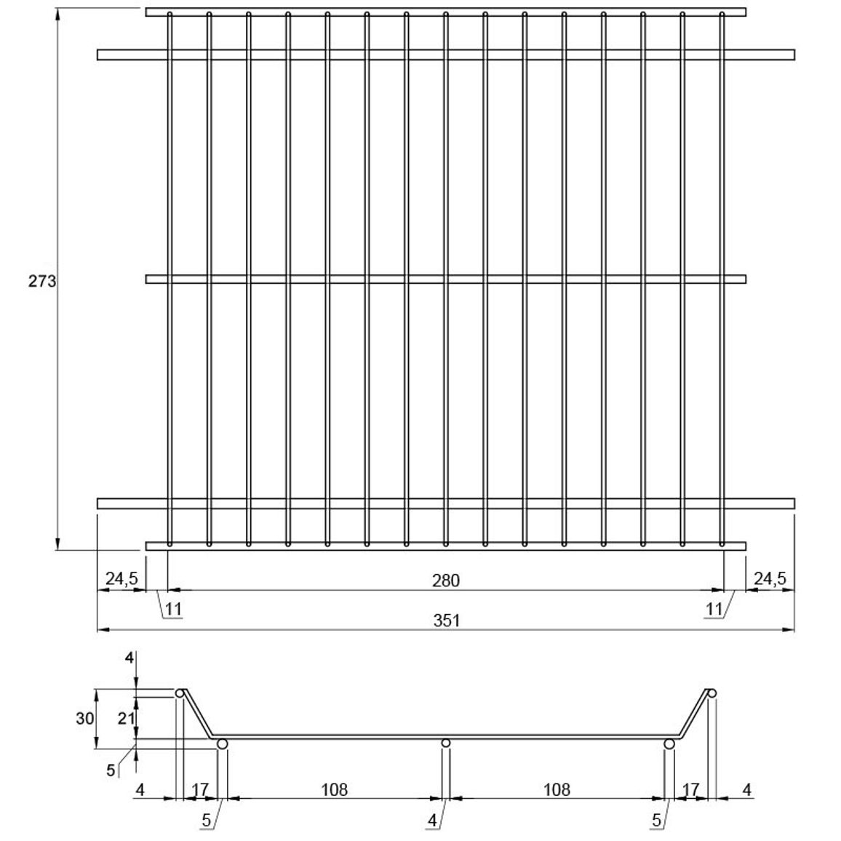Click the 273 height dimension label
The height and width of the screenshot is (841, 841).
point(42,281)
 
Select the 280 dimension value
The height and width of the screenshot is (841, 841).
point(446,581)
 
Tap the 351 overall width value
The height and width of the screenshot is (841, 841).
point(446,621)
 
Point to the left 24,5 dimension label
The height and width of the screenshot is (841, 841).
point(121,578)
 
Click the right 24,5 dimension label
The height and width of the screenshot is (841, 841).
point(770,578)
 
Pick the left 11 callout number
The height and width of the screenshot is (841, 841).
point(173,610)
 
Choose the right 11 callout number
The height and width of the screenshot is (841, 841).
point(714,610)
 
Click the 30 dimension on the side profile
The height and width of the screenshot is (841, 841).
point(84,718)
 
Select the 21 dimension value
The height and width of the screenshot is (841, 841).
point(126,718)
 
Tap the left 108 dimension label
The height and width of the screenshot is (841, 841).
point(334,789)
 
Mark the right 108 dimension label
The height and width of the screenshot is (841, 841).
point(557,789)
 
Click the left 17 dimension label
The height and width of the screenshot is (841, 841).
point(199,789)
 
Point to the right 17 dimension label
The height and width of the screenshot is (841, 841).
point(691,789)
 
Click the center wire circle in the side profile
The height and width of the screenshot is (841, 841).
point(445,743)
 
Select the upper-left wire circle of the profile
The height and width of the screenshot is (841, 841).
point(180,693)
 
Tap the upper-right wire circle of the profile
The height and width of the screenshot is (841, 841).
point(712,693)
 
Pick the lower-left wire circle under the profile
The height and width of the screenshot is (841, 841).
point(222,744)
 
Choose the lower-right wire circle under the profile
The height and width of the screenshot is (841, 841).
point(669,744)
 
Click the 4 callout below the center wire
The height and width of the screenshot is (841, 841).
point(432,820)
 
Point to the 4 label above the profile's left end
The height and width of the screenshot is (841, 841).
point(129,658)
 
